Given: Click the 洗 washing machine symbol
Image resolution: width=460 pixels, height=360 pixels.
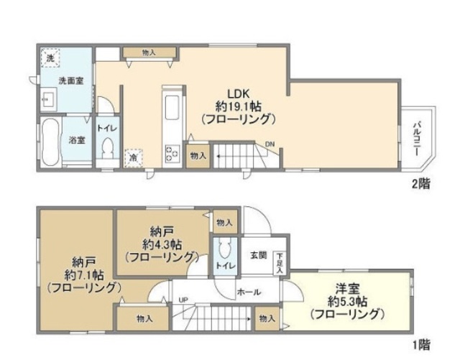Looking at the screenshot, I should pyautogui.click(x=50, y=55).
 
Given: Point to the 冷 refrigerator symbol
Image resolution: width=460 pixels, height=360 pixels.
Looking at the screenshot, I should pyautogui.click(x=134, y=156).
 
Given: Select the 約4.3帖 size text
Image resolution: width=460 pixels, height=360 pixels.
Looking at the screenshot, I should pyautogui.click(x=161, y=243).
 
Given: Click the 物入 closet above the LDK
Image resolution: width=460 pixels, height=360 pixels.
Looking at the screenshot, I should pyautogui.click(x=149, y=52).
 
